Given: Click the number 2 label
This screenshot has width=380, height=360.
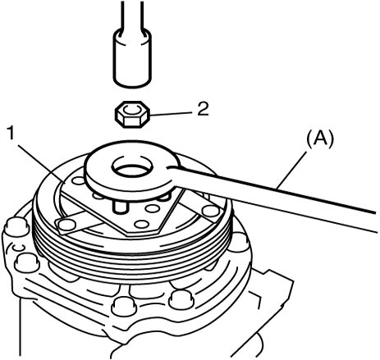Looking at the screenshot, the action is point(203,109).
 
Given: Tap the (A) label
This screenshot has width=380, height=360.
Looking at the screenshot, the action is point(319,140).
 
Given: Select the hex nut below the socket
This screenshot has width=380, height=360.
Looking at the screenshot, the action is point(132,114).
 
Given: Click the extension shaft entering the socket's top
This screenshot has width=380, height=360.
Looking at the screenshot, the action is point(132,15).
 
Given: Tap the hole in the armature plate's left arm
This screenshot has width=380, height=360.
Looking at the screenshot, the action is point(67,225).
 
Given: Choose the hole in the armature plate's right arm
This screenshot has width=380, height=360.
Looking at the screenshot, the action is point(210,211).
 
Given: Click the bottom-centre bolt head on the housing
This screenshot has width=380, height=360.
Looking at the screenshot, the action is point(124,306).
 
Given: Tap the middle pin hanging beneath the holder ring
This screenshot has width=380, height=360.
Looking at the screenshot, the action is point(121,207).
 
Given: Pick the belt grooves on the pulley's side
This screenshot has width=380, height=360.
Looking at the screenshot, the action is point(131,253).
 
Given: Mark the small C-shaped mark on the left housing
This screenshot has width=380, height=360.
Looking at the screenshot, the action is point(19,248).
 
